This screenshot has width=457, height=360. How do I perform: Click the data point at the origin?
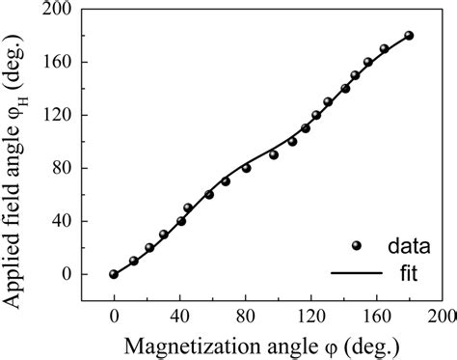(114, 274)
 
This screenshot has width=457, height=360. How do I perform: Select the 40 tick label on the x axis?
(179, 314)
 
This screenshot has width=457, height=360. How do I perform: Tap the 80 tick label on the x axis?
(245, 314)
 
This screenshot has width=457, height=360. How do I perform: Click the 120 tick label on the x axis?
(310, 314)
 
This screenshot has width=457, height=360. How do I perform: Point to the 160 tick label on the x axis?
(376, 314)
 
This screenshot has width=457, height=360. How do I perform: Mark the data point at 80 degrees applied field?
(247, 168)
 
